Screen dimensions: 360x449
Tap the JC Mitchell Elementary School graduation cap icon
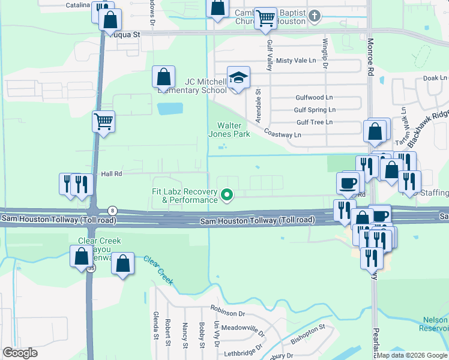tap(238, 77)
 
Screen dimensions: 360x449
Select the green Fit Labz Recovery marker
tap(227, 194)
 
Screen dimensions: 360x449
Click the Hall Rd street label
tap(112, 173)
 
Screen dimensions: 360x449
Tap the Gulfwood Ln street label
tap(314, 97)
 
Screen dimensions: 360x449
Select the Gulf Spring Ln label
tap(315, 110)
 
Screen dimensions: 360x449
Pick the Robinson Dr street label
tap(229, 313)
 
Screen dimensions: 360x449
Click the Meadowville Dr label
tap(243, 329)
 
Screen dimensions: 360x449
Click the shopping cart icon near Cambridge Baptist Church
tap(265, 18)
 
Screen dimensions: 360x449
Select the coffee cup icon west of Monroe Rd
tap(349, 182)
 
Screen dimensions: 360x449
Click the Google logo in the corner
tap(20, 353)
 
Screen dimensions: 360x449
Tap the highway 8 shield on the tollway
tap(112, 210)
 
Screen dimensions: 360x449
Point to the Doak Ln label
tap(435, 78)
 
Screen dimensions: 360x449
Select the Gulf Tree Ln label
tap(314, 122)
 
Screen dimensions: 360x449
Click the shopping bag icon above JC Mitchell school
tap(163, 76)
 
